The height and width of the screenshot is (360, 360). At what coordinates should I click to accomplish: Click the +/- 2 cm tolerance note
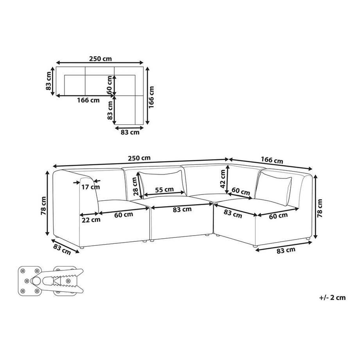point(332,297)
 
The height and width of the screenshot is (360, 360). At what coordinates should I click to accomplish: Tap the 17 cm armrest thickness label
point(91,187)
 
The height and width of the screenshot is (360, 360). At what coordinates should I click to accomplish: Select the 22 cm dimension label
point(91,220)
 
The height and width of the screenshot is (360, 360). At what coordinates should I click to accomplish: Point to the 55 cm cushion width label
point(164,190)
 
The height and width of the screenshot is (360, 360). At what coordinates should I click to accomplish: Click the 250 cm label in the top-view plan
point(100,59)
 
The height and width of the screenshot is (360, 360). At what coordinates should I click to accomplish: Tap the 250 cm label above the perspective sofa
point(139,158)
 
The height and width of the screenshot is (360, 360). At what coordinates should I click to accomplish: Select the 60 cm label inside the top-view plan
point(109,85)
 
